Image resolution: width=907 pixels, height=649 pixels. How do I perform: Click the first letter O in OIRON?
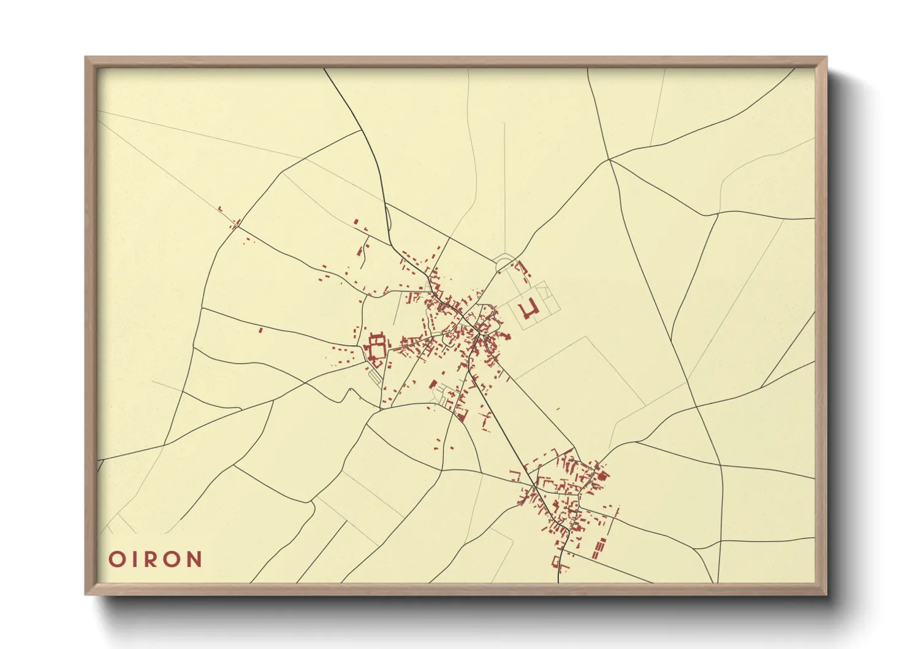(116, 559)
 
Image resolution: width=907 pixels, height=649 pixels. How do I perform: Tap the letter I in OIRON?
(135, 559)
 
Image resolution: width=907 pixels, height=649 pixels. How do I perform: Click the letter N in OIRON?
(194, 559)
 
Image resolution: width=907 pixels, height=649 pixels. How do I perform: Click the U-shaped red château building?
(528, 309)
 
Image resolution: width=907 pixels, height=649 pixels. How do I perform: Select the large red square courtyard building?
(376, 347)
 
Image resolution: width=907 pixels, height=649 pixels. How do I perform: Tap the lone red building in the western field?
(260, 330)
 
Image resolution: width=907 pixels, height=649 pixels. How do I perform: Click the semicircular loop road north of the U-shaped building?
(504, 262)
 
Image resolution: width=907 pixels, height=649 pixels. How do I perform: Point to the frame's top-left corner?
(86, 58)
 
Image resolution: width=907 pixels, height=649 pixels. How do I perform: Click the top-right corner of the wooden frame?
(826, 58)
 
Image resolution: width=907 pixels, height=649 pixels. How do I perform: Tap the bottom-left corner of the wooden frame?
(86, 594)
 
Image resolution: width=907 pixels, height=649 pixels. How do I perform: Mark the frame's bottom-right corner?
(826, 594)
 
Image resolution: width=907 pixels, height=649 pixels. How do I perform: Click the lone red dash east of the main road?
(558, 409)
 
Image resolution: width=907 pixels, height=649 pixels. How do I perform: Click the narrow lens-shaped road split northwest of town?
(389, 221)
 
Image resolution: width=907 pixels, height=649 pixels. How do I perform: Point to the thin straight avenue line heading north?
(504, 184)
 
